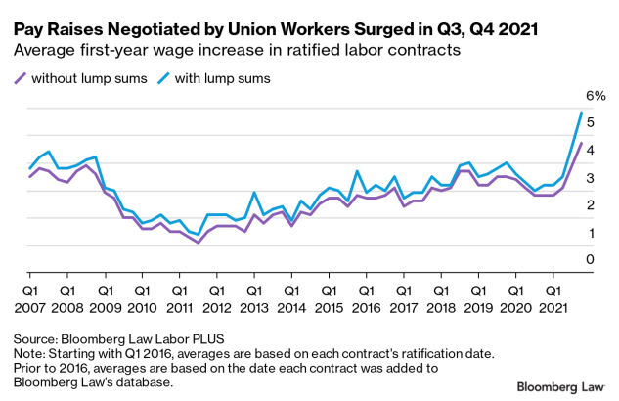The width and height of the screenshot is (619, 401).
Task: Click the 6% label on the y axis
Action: pos(596,96)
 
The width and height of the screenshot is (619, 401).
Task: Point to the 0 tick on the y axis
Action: pos(590,259)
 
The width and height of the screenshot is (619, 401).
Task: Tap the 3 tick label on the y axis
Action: pos(590,178)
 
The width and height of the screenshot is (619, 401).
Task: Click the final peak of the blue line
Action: pos(582,113)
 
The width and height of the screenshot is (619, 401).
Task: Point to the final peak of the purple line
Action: pos(582,143)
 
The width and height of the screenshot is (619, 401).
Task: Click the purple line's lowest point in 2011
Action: pos(199,242)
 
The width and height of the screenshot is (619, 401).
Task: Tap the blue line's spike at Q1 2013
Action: pos(254,193)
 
